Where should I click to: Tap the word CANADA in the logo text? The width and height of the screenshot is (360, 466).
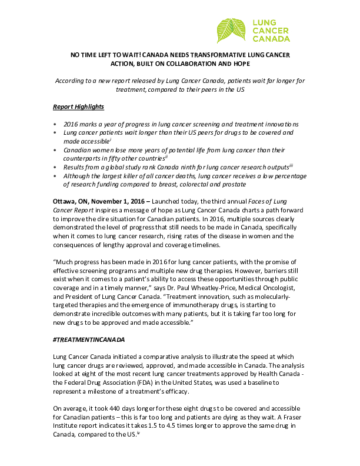[270, 39]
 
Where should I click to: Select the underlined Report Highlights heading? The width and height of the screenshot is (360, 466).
[78, 106]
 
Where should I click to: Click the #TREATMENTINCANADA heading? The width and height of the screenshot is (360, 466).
[91, 341]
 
